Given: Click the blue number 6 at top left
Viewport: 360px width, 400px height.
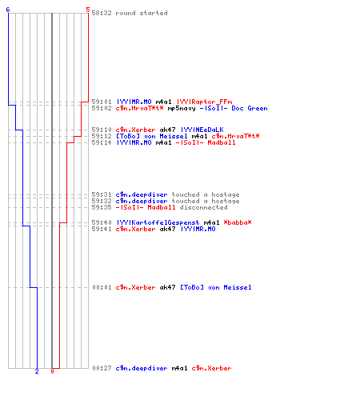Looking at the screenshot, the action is click(8, 10).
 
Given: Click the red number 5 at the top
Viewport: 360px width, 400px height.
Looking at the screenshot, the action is click(88, 10).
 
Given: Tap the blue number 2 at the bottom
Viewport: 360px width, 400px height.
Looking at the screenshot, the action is click(37, 371).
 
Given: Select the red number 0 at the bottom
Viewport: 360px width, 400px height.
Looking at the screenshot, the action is click(52, 371).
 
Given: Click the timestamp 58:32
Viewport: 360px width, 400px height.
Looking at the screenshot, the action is click(102, 13).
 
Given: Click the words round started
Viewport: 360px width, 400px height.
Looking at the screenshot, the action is click(142, 13).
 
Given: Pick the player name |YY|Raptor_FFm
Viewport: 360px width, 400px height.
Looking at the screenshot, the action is click(204, 102).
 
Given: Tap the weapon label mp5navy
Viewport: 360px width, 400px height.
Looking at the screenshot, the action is click(182, 108).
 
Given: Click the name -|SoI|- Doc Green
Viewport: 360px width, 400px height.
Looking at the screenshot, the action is click(234, 108).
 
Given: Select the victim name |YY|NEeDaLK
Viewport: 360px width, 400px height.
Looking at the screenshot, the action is click(202, 130).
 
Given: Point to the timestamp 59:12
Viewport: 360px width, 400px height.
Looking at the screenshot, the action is click(102, 136).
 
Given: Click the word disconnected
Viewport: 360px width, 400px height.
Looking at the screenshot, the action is click(203, 207).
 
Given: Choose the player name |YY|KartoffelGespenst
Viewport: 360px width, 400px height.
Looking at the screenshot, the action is click(158, 222).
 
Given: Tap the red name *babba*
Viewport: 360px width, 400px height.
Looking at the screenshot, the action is click(238, 222).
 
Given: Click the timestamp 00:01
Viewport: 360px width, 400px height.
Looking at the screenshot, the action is click(102, 287).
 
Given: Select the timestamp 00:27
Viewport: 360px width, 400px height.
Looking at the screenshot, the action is click(102, 368).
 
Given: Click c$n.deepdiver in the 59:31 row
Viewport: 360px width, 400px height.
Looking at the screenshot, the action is click(142, 194).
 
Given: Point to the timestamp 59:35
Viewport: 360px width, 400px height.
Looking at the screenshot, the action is click(102, 207).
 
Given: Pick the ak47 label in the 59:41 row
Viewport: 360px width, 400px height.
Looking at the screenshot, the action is click(167, 229).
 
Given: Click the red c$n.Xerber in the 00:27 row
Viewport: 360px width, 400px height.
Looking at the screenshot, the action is click(211, 368).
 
